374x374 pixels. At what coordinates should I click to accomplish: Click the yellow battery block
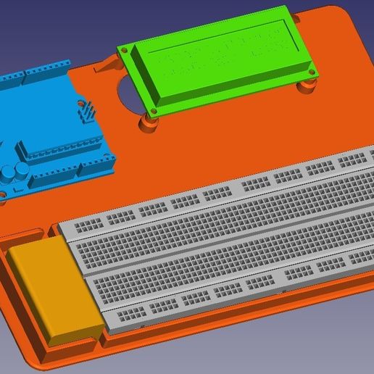click(54, 290)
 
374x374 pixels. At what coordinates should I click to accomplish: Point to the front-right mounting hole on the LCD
click(310, 72)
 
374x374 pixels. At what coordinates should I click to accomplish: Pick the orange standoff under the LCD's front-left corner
click(150, 123)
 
